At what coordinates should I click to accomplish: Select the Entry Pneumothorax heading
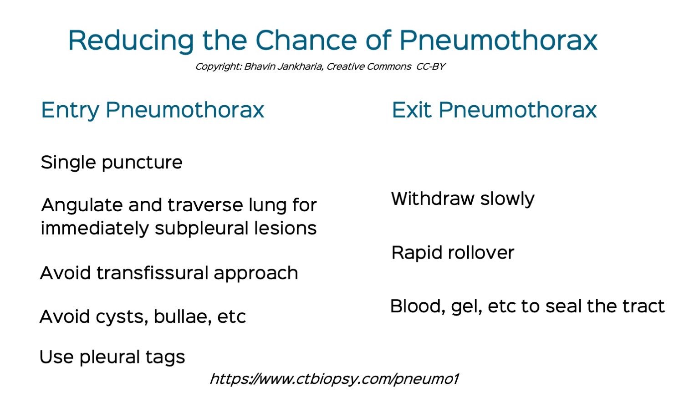click(x=153, y=110)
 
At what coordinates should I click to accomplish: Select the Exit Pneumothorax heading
click(x=494, y=110)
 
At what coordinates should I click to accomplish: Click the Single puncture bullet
click(x=112, y=163)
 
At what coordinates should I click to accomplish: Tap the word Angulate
click(x=82, y=206)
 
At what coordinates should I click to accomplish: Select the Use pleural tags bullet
click(x=112, y=357)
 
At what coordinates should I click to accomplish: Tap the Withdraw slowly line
click(x=463, y=199)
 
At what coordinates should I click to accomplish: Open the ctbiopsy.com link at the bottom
click(x=334, y=379)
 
